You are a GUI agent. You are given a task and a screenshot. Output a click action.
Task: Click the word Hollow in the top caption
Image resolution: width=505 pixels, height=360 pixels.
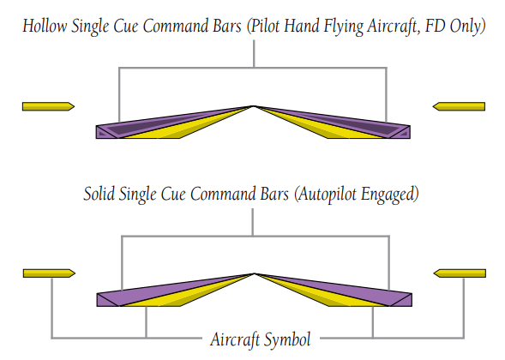click(45, 26)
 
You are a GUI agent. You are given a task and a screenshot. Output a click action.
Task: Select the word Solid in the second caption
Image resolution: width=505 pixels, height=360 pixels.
click(99, 194)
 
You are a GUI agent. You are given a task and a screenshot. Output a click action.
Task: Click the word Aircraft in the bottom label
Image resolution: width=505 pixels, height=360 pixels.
click(235, 339)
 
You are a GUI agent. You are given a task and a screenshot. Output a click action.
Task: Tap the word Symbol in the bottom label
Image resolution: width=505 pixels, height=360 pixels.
click(287, 340)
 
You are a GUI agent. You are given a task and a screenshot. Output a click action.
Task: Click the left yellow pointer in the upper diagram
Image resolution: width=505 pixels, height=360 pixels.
click(48, 106)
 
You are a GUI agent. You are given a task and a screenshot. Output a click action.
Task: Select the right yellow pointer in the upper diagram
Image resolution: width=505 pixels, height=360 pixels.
click(459, 106)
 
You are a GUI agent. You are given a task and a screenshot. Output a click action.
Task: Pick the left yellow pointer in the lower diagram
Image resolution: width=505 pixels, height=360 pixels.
click(49, 273)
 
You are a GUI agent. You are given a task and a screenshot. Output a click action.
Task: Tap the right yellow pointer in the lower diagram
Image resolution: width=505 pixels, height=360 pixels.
click(460, 273)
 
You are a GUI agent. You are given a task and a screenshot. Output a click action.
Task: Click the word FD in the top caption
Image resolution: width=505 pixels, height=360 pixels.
click(436, 26)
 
